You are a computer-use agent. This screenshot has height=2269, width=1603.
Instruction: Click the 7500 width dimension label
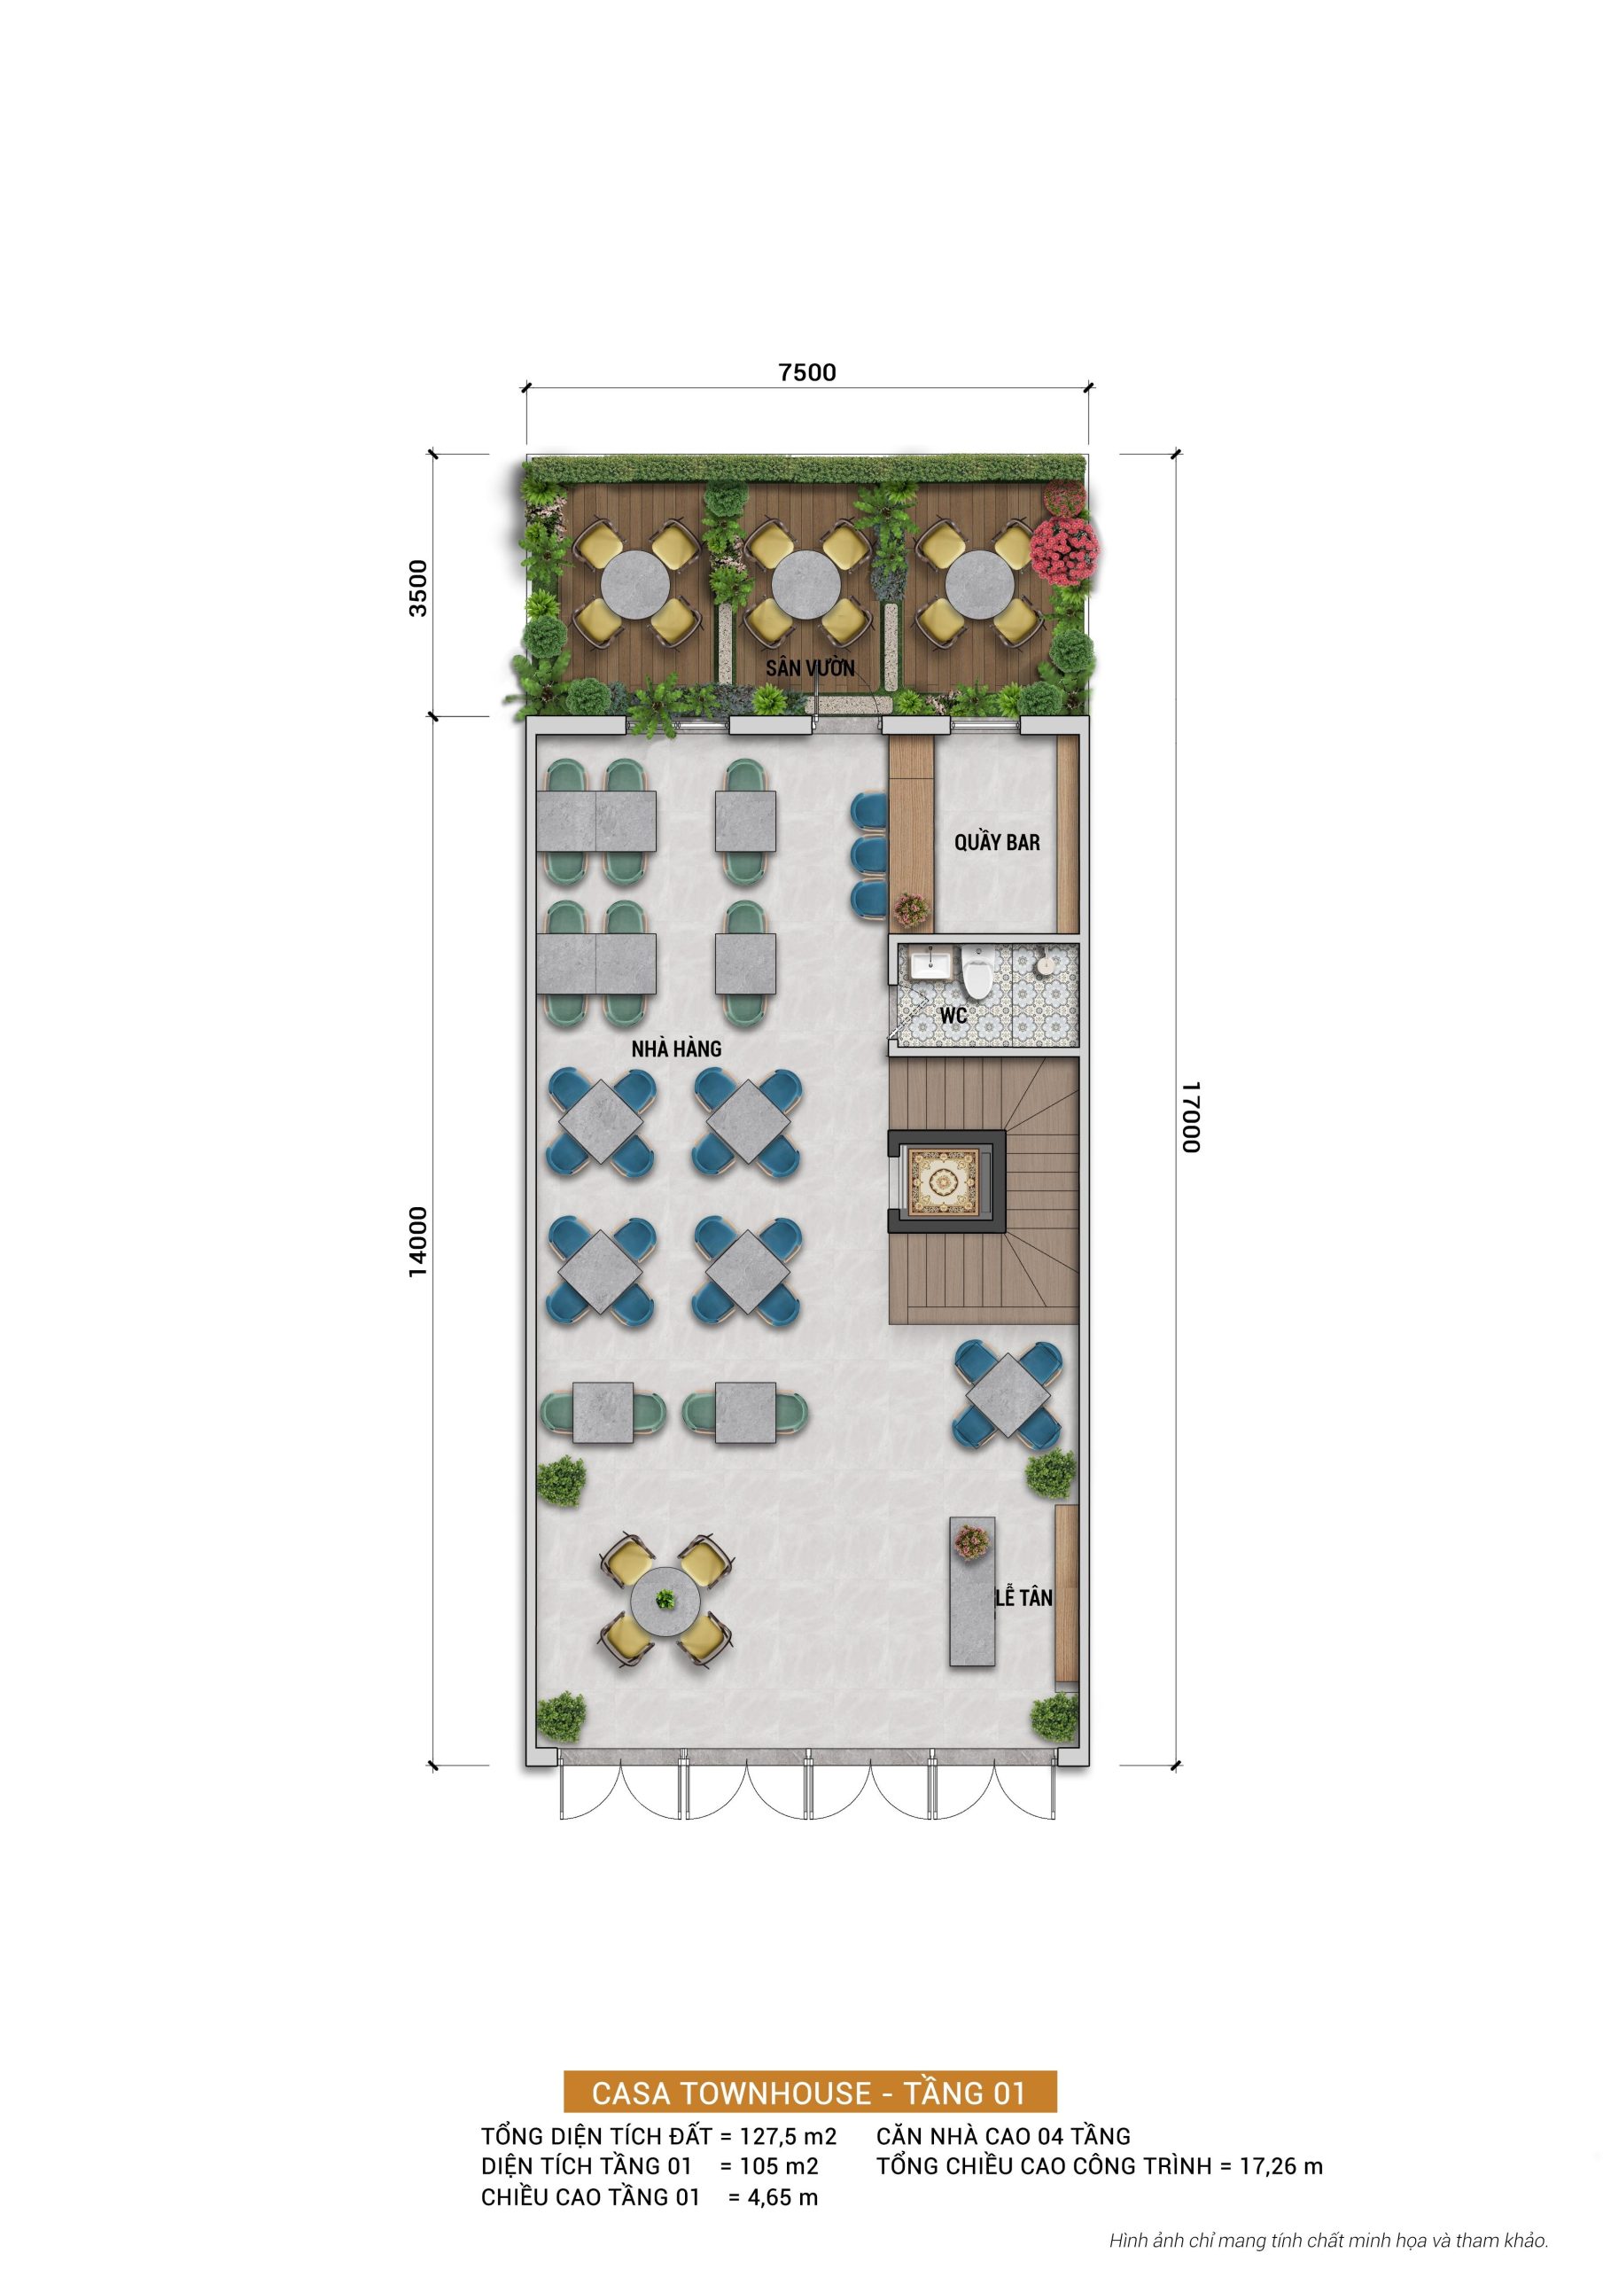(806, 372)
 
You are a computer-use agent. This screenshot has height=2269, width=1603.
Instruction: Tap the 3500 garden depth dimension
(419, 588)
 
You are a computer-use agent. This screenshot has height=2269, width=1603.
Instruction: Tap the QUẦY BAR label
(996, 842)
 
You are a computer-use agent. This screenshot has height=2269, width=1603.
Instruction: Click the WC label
(953, 1015)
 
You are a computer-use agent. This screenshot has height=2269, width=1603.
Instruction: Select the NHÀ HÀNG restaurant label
(676, 1049)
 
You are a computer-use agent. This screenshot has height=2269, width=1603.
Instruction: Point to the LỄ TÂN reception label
(1023, 1597)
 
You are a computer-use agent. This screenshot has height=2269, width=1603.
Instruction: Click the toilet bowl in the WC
(977, 974)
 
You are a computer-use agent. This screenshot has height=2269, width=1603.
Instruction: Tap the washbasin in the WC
(928, 962)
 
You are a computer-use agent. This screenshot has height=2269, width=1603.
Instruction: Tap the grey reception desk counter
(971, 1591)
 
